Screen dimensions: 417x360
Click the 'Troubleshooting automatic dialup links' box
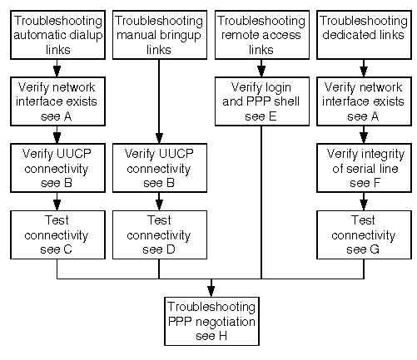coord(57,35)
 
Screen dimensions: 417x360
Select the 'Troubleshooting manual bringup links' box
coord(160,35)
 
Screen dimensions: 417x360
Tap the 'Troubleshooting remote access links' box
coord(262,35)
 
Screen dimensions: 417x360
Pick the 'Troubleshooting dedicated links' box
coord(364,35)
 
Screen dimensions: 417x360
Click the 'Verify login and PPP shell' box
coord(262,101)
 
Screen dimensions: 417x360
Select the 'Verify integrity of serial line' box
coord(364,168)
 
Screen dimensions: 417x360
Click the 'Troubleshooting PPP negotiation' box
coord(211,321)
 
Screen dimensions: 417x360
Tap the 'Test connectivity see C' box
coord(57,234)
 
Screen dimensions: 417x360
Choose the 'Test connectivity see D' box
coord(160,234)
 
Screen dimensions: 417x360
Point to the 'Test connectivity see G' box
coord(364,234)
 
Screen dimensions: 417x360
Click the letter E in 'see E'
coord(272,116)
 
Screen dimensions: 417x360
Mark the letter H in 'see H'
coord(223,336)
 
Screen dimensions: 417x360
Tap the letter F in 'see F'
coord(376,183)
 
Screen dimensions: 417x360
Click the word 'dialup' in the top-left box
coord(86,36)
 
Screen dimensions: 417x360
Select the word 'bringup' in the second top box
coord(182,36)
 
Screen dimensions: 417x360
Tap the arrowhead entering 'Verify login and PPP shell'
coord(261,72)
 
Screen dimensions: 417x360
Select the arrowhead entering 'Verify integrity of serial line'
coord(364,138)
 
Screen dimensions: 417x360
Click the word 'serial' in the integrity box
coord(360,169)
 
